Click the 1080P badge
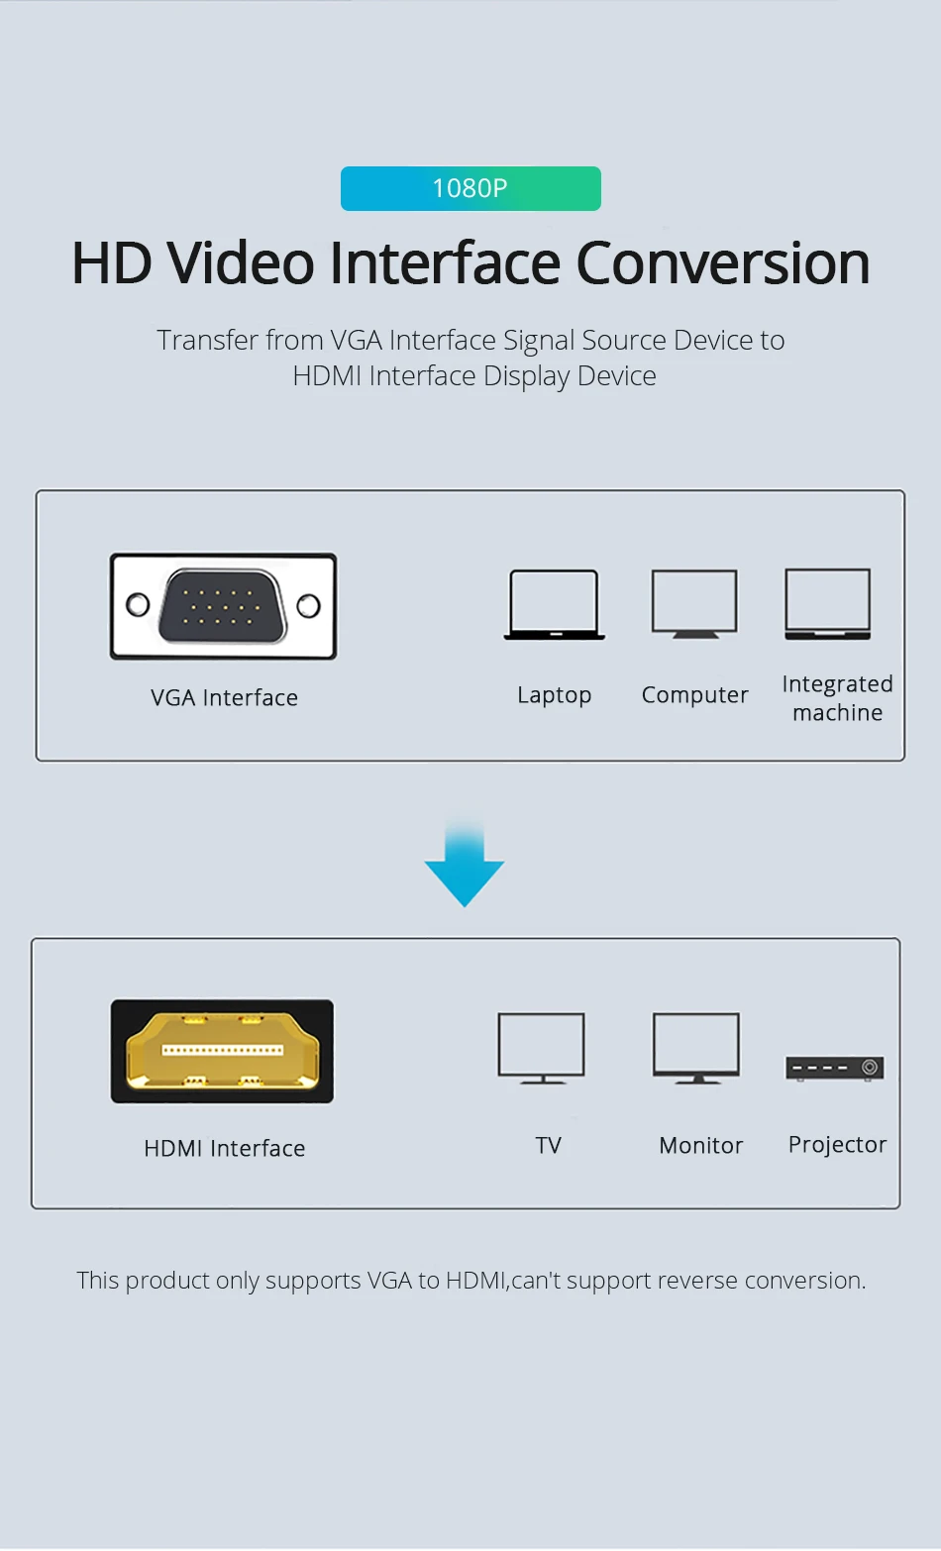tap(470, 188)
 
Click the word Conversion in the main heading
tap(722, 263)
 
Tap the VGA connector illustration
tap(223, 606)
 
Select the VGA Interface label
tap(224, 698)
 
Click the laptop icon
tap(554, 605)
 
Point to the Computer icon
tap(694, 604)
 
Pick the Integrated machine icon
tap(828, 604)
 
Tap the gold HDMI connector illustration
tap(222, 1051)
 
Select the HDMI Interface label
tap(225, 1149)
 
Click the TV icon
tap(542, 1048)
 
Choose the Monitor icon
tap(696, 1048)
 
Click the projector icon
tap(834, 1069)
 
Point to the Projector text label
tap(837, 1145)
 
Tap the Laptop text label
tap(554, 695)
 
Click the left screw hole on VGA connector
tap(138, 605)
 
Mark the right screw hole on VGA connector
tap(308, 606)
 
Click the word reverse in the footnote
tap(697, 1281)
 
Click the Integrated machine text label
tap(837, 698)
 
